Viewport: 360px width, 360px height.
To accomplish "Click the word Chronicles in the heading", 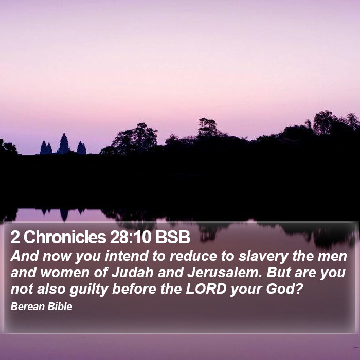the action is click(65, 237).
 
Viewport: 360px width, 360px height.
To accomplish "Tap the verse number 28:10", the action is click(131, 237).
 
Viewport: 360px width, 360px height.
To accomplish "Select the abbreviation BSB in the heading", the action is click(172, 237).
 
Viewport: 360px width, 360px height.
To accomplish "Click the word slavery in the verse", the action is click(263, 257).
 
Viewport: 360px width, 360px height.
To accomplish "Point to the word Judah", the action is click(133, 273).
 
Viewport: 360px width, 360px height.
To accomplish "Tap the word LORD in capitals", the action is click(206, 289).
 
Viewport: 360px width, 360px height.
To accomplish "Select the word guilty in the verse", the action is click(89, 289).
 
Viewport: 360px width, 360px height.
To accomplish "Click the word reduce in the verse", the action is click(193, 256).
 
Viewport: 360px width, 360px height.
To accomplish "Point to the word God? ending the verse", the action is click(283, 289).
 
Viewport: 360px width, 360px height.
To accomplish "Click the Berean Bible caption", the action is click(41, 307).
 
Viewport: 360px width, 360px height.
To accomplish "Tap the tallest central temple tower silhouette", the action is click(64, 143).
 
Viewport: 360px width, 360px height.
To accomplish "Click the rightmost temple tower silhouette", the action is click(81, 148).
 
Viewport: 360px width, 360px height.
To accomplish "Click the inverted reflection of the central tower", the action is click(64, 215).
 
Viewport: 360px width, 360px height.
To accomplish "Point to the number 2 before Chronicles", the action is click(15, 237).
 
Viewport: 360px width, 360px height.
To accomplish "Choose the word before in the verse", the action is click(134, 289).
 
